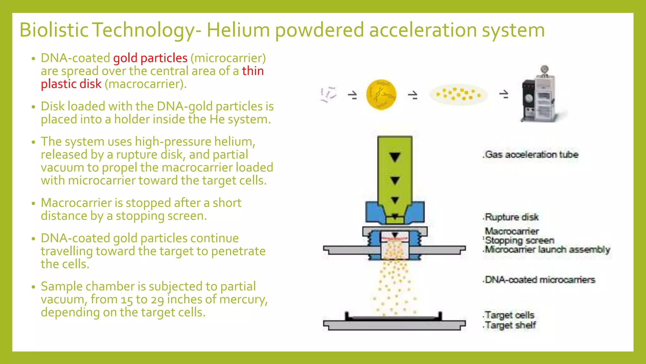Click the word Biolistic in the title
pyautogui.click(x=54, y=30)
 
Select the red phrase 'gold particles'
pyautogui.click(x=150, y=58)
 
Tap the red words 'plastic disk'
pyautogui.click(x=71, y=84)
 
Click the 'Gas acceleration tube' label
pyautogui.click(x=531, y=155)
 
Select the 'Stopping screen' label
pyautogui.click(x=520, y=240)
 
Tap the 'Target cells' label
pyautogui.click(x=509, y=315)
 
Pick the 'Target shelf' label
pyautogui.click(x=510, y=325)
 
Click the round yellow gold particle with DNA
pyautogui.click(x=381, y=94)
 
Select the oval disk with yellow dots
pyautogui.click(x=458, y=94)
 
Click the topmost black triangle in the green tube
pyautogui.click(x=395, y=157)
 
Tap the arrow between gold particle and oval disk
pyautogui.click(x=413, y=95)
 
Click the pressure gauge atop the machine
pyautogui.click(x=544, y=69)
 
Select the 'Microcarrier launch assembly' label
pyautogui.click(x=548, y=250)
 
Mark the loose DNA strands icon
pyautogui.click(x=328, y=94)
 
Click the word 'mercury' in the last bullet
pyautogui.click(x=243, y=300)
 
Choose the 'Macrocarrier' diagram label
pyautogui.click(x=512, y=231)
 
